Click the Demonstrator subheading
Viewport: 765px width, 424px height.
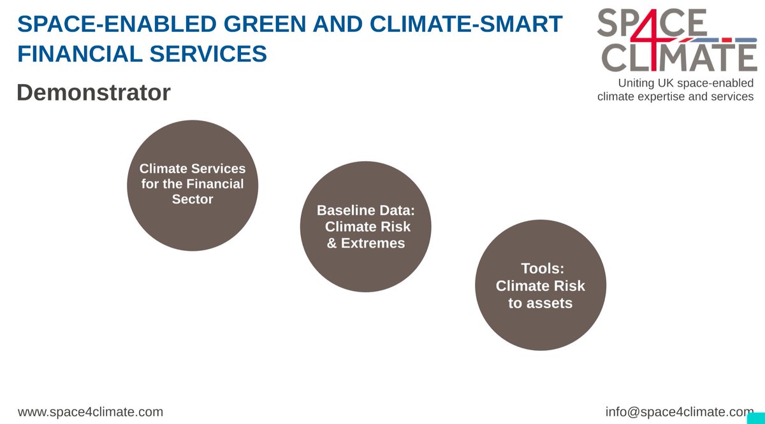coord(94,93)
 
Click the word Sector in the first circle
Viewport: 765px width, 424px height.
coord(193,199)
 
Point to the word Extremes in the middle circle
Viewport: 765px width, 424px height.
coord(373,243)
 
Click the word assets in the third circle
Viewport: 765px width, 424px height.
coord(540,303)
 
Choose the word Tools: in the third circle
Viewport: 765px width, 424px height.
coord(540,269)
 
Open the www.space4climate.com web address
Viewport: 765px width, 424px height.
coord(91,412)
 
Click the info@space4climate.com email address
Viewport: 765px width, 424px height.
coord(680,412)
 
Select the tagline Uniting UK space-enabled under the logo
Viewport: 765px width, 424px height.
coord(685,83)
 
